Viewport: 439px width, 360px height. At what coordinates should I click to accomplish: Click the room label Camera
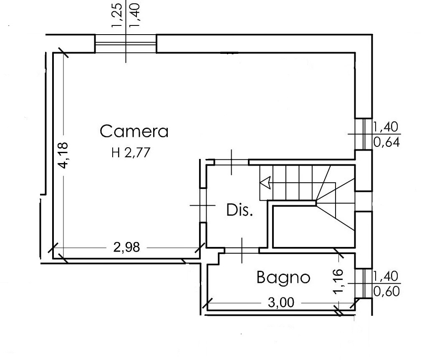(x=134, y=131)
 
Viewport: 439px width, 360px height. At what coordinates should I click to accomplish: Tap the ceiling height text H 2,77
(x=131, y=153)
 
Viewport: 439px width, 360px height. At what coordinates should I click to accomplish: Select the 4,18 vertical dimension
(x=63, y=156)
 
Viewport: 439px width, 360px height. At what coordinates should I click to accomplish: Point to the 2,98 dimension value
(x=126, y=247)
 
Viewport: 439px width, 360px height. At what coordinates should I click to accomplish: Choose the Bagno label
(x=283, y=277)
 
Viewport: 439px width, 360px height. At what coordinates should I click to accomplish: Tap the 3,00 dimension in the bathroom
(x=281, y=302)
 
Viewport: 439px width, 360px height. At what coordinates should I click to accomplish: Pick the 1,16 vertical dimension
(x=338, y=281)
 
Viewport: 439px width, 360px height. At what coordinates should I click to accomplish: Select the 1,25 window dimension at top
(x=117, y=15)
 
